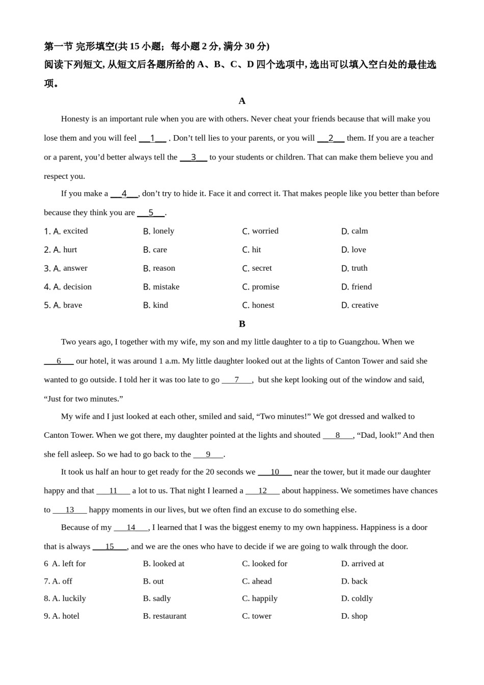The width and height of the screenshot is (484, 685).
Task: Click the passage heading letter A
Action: (242, 101)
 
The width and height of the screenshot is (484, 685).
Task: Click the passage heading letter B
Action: (242, 324)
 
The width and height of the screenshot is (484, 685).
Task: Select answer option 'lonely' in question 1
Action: (163, 231)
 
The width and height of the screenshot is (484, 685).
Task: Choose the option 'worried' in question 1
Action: (265, 231)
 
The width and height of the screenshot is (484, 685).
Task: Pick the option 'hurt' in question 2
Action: (70, 250)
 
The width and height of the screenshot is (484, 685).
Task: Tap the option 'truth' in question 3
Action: (359, 268)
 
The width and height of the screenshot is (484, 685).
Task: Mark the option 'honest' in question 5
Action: (263, 305)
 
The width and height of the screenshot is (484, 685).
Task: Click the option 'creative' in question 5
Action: (365, 305)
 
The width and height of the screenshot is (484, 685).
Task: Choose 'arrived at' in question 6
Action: (367, 564)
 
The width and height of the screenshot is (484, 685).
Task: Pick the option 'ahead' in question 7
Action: (262, 581)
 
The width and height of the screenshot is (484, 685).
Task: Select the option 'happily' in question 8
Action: (264, 598)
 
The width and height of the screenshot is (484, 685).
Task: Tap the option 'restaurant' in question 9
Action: (170, 616)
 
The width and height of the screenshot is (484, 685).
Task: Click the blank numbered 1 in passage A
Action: (152, 138)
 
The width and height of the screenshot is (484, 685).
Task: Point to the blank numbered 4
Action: (124, 194)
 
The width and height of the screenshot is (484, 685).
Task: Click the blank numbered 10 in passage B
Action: (275, 472)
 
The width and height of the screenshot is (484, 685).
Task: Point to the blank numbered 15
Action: (110, 546)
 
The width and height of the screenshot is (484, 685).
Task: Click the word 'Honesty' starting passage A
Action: (75, 119)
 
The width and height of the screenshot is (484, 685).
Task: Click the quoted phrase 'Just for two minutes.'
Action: (84, 399)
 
